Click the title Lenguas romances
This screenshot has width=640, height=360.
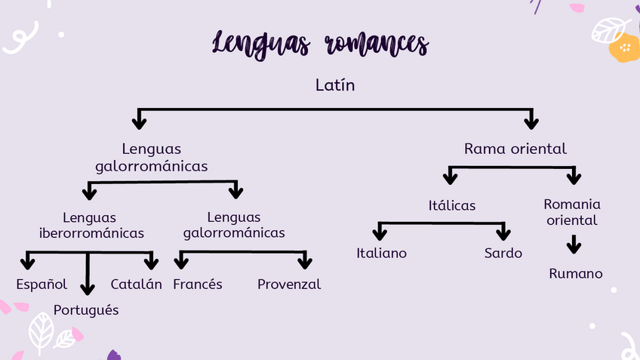pyautogui.click(x=320, y=43)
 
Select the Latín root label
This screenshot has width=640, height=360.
pyautogui.click(x=335, y=85)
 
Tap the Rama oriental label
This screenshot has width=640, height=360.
pyautogui.click(x=515, y=149)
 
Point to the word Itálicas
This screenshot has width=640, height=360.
pyautogui.click(x=452, y=205)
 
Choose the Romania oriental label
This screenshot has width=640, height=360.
pyautogui.click(x=572, y=212)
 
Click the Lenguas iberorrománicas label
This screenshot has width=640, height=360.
pyautogui.click(x=91, y=225)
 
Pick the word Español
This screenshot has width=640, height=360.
pyautogui.click(x=42, y=285)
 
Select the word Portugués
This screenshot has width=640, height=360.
pyautogui.click(x=86, y=310)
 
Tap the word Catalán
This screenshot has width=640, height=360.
pyautogui.click(x=137, y=285)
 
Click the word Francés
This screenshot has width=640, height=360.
pyautogui.click(x=198, y=285)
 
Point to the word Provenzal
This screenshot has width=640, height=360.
pyautogui.click(x=289, y=285)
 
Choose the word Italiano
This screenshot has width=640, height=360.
pyautogui.click(x=381, y=253)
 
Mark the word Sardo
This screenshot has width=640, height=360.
pyautogui.click(x=503, y=253)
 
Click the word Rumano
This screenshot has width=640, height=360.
pyautogui.click(x=576, y=273)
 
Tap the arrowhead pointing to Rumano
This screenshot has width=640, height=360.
pyautogui.click(x=574, y=248)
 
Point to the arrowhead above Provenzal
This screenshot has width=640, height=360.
pyautogui.click(x=305, y=262)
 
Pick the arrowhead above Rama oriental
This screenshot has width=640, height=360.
pyautogui.click(x=531, y=122)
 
